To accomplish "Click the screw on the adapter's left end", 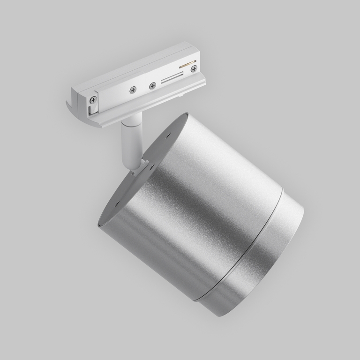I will (94, 99).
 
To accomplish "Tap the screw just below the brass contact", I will (194, 69).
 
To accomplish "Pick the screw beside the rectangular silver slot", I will (152, 86).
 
